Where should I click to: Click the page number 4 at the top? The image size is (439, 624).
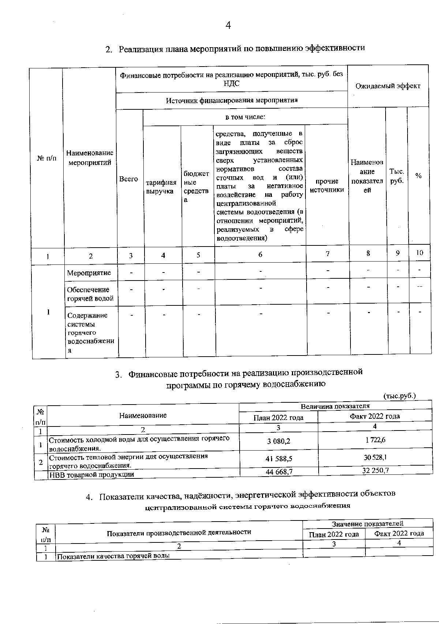click(228, 25)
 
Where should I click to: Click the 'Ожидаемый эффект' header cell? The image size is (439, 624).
click(388, 86)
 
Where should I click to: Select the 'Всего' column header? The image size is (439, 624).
click(129, 179)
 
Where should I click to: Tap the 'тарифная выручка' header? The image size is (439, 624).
click(161, 187)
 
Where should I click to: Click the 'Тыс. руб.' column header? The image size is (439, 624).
click(397, 176)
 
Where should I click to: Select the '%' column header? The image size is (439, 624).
click(418, 176)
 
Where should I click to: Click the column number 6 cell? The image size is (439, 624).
click(260, 254)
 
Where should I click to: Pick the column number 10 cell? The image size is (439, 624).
click(420, 253)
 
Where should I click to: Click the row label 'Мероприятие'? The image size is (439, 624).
click(89, 273)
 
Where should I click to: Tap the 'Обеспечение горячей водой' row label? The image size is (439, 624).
click(90, 294)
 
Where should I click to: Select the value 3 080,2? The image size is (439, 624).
click(279, 441)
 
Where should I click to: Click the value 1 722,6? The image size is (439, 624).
click(375, 440)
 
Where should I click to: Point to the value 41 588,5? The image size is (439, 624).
click(279, 458)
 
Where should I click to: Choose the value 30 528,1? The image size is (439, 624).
click(375, 457)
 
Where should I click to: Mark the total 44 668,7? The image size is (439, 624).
click(279, 472)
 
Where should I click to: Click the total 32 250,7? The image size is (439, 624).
click(375, 470)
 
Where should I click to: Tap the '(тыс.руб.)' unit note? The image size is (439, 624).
click(399, 396)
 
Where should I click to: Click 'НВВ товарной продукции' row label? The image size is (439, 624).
click(91, 474)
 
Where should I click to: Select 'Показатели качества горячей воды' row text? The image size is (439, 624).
click(113, 556)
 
